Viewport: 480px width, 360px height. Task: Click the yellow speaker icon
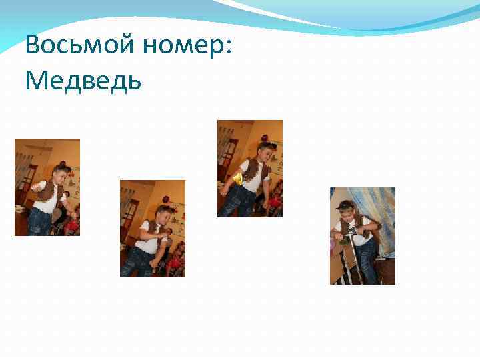coord(237,179)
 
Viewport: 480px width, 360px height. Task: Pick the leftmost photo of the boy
coord(47,187)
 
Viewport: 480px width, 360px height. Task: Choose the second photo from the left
coord(153,229)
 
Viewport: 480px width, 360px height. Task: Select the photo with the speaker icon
coord(250,169)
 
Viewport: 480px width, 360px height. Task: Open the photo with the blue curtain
coord(363,236)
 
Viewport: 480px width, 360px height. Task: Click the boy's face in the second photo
coord(163,216)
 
